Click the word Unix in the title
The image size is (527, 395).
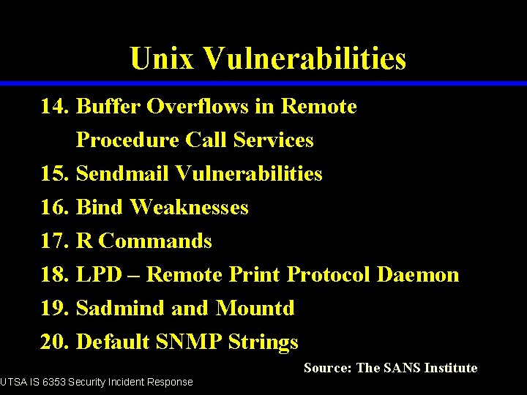(x=161, y=58)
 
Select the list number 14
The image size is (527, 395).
(x=54, y=107)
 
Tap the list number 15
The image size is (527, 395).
(x=54, y=174)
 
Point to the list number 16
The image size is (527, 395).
(x=54, y=208)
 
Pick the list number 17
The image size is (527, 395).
(x=54, y=241)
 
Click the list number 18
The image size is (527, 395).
(x=54, y=275)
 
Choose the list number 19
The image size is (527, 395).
(x=54, y=309)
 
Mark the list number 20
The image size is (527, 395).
(x=54, y=342)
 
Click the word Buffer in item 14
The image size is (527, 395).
(x=108, y=107)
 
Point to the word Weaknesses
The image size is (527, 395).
(x=190, y=208)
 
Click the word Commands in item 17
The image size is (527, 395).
(x=155, y=241)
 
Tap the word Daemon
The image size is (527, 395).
(x=418, y=275)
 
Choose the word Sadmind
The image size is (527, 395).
(x=121, y=309)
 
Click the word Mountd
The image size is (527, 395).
(x=255, y=309)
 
